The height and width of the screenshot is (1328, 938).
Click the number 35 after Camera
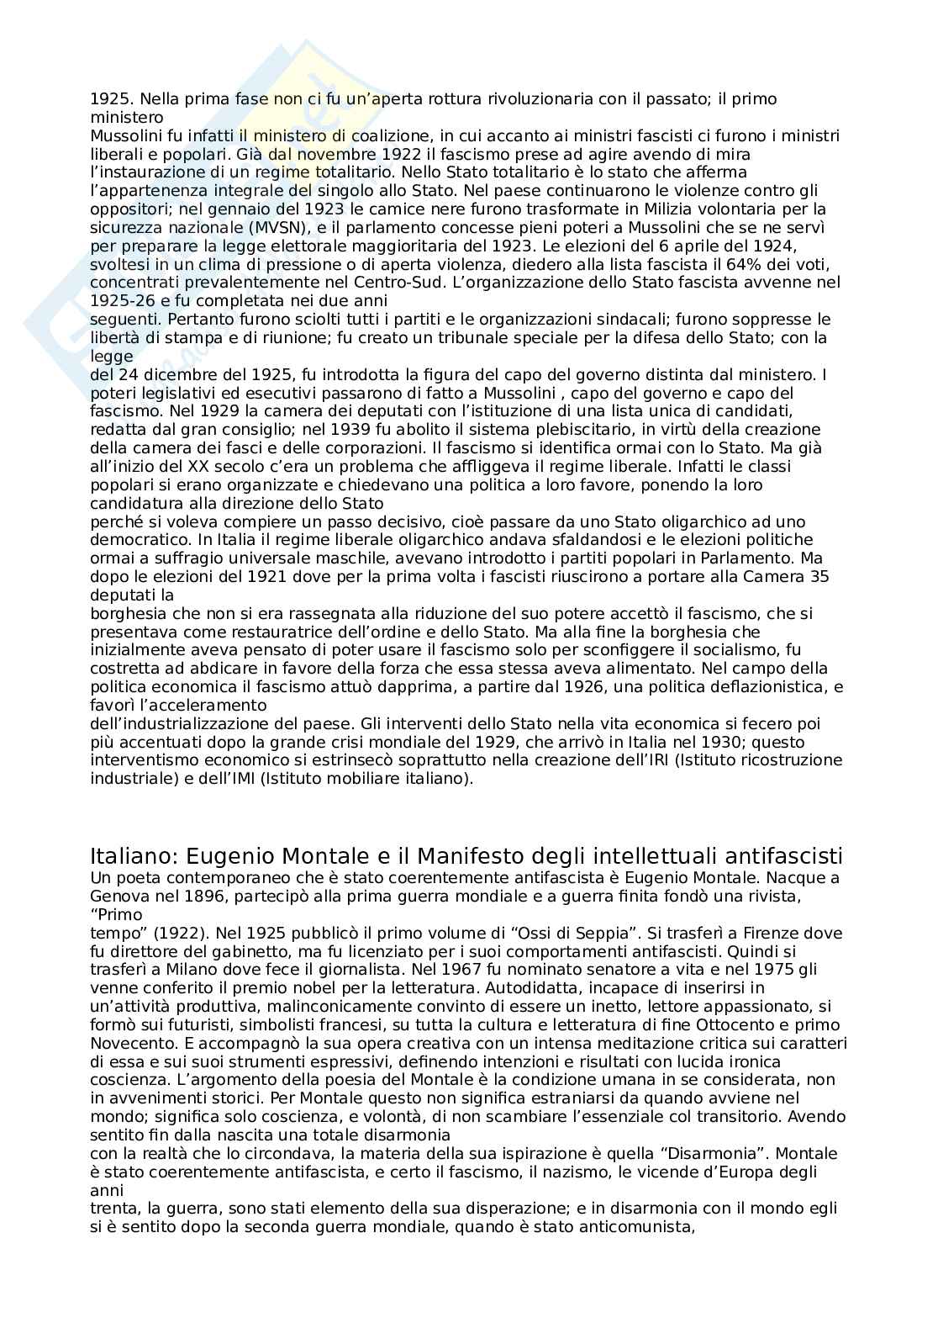tap(820, 576)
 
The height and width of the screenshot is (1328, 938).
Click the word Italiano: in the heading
tap(134, 857)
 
